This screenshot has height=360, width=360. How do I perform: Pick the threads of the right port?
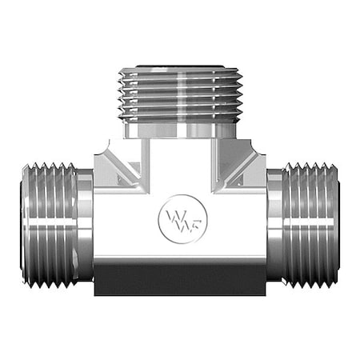(x=312, y=226)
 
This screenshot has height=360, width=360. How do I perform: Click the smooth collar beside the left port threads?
(x=84, y=226)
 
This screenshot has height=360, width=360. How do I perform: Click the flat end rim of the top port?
(x=181, y=70)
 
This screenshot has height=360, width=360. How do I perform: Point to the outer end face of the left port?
(x=23, y=226)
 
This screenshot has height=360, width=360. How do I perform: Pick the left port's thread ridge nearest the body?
(x=70, y=226)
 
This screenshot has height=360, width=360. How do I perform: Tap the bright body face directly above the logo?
(x=181, y=172)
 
